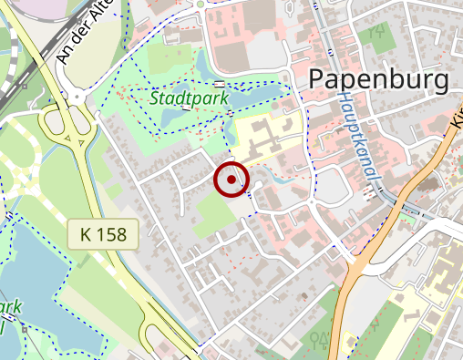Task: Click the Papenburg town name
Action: [x=378, y=79]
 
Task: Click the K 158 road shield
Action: [x=103, y=234]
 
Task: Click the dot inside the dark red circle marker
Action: [x=231, y=180]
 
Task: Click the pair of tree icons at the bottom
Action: [x=320, y=340]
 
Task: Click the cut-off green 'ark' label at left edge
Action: [x=11, y=307]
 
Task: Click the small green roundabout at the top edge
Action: [x=200, y=4]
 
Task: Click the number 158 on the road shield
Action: [x=114, y=234]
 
